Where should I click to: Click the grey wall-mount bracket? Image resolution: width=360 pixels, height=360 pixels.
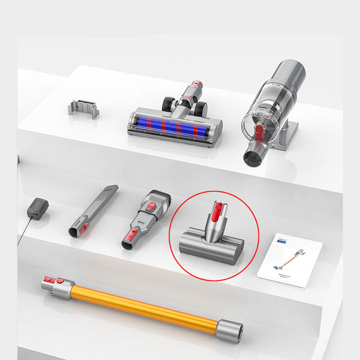click(83, 109)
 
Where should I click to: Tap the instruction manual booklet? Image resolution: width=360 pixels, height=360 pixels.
click(289, 260)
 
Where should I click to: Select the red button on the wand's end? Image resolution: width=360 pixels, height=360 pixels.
click(51, 281)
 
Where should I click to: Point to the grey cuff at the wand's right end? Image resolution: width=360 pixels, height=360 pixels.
click(229, 330)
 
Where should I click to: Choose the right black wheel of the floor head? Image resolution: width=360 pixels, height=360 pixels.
click(200, 109)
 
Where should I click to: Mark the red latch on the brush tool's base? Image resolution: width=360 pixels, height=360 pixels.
click(133, 235)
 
